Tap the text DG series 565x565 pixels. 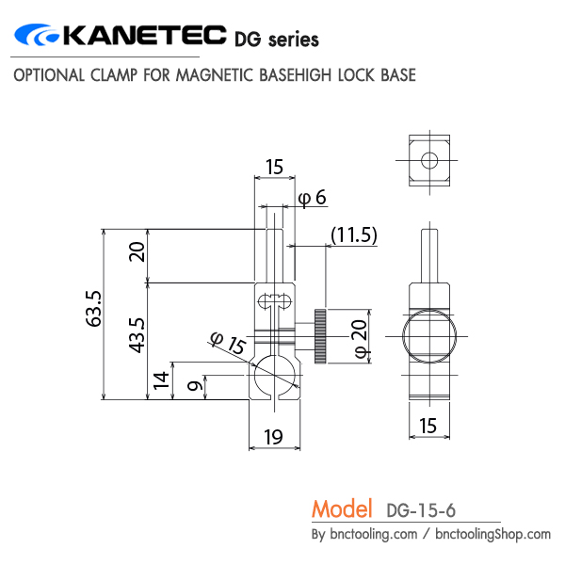coord(276,39)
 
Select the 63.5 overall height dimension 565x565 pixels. coord(93,308)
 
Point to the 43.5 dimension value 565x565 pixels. coord(137,334)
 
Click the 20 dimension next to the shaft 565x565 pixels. coord(137,251)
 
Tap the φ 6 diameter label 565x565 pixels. coord(312,197)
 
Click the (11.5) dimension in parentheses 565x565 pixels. coord(353,235)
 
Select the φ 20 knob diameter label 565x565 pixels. coord(359,337)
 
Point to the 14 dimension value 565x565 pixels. coord(162,379)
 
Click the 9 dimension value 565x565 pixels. coord(193,386)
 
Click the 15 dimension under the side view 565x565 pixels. coord(428,426)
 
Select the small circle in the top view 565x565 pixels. coord(428,160)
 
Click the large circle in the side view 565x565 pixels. coord(428,337)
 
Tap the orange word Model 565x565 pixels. coord(343,509)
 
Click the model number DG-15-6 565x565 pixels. coord(421,511)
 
